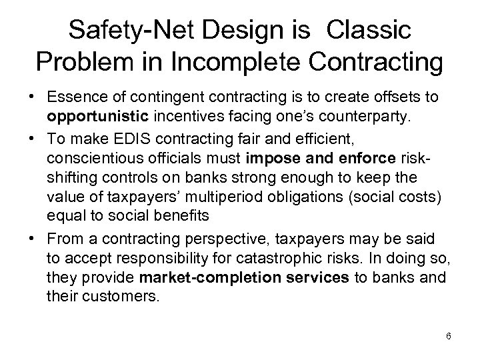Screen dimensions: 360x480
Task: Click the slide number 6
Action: (x=449, y=336)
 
